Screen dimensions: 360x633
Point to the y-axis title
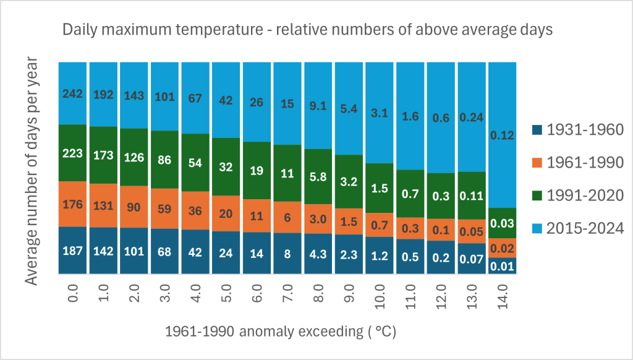(x=33, y=171)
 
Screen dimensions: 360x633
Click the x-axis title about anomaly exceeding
(x=280, y=332)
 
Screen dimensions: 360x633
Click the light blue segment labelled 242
(x=73, y=93)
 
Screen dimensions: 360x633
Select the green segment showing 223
(x=73, y=153)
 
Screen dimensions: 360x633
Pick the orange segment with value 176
(x=73, y=204)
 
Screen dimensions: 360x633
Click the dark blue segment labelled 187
(x=73, y=251)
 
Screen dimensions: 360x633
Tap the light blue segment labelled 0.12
(x=502, y=135)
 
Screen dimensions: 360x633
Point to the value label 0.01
(x=502, y=266)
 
